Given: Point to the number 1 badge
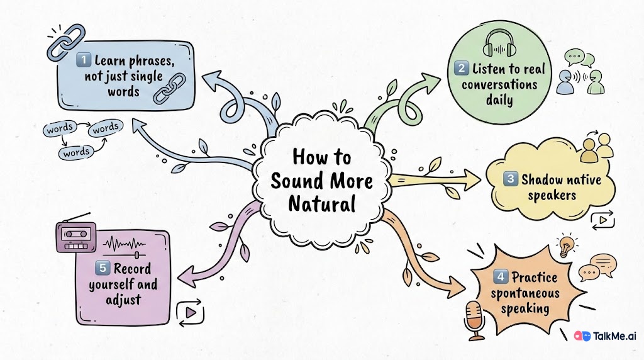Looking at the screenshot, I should point(82,60).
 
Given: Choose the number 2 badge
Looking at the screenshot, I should point(461,69).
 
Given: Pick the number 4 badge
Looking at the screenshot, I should point(501,277).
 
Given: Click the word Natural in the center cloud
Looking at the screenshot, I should point(321,204).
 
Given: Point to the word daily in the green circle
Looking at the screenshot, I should point(499,101).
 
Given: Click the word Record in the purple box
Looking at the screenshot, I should point(132,269).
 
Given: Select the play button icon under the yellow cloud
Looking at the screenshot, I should point(602,220).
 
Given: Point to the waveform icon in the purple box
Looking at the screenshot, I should point(123,245).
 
